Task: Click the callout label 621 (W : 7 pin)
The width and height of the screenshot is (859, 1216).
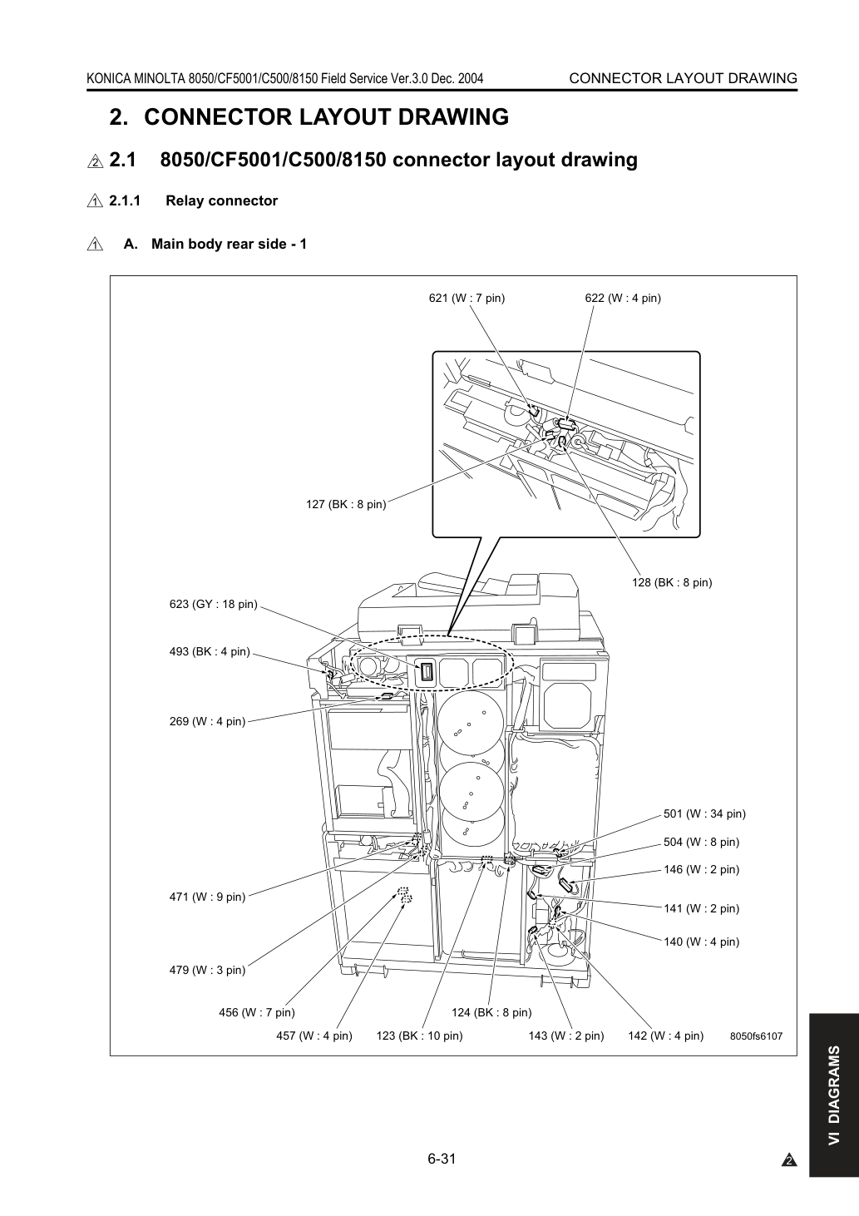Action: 467,298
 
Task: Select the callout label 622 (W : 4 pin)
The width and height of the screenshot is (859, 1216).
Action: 623,298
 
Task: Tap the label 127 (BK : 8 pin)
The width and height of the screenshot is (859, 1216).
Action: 346,504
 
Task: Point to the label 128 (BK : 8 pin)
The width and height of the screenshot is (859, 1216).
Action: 672,582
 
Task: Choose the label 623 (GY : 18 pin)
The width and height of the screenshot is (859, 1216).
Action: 213,604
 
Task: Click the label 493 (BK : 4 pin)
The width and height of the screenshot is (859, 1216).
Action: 210,651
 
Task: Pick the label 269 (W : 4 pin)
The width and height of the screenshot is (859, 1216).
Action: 207,721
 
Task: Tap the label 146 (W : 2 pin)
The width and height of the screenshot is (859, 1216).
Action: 702,869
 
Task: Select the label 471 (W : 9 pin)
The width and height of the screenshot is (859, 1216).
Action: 207,897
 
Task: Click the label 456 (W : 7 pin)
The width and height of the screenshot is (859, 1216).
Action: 257,1012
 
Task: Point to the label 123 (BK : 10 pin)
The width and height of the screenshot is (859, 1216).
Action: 419,1036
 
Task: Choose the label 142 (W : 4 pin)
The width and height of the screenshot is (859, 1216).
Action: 666,1036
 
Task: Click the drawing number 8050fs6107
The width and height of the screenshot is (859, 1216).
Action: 757,1036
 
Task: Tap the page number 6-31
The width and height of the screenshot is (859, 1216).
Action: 442,1159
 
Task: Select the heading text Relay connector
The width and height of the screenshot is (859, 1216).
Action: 221,200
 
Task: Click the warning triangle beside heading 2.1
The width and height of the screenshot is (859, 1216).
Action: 95,161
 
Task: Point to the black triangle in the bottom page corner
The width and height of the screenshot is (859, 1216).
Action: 789,1161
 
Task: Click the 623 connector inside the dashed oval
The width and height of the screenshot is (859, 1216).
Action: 427,673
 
